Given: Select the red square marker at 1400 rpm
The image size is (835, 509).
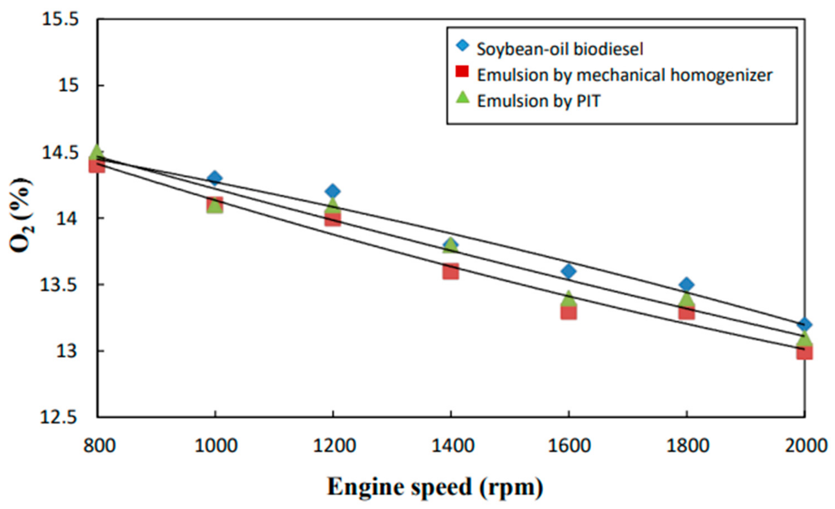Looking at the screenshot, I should (x=450, y=271).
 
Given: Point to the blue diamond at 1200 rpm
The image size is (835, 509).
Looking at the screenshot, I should (x=332, y=191).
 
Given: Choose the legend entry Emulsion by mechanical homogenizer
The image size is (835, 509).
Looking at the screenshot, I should (x=625, y=75).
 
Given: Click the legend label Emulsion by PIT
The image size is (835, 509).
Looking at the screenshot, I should (x=538, y=101).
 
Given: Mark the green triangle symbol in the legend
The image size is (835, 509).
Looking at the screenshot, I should (x=463, y=98).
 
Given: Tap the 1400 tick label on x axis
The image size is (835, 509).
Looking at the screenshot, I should (x=452, y=446).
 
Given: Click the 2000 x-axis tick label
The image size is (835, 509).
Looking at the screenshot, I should (x=806, y=446).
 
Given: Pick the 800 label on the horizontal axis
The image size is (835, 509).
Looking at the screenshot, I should (x=100, y=446).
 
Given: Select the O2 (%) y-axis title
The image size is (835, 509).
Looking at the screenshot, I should (x=21, y=216).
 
